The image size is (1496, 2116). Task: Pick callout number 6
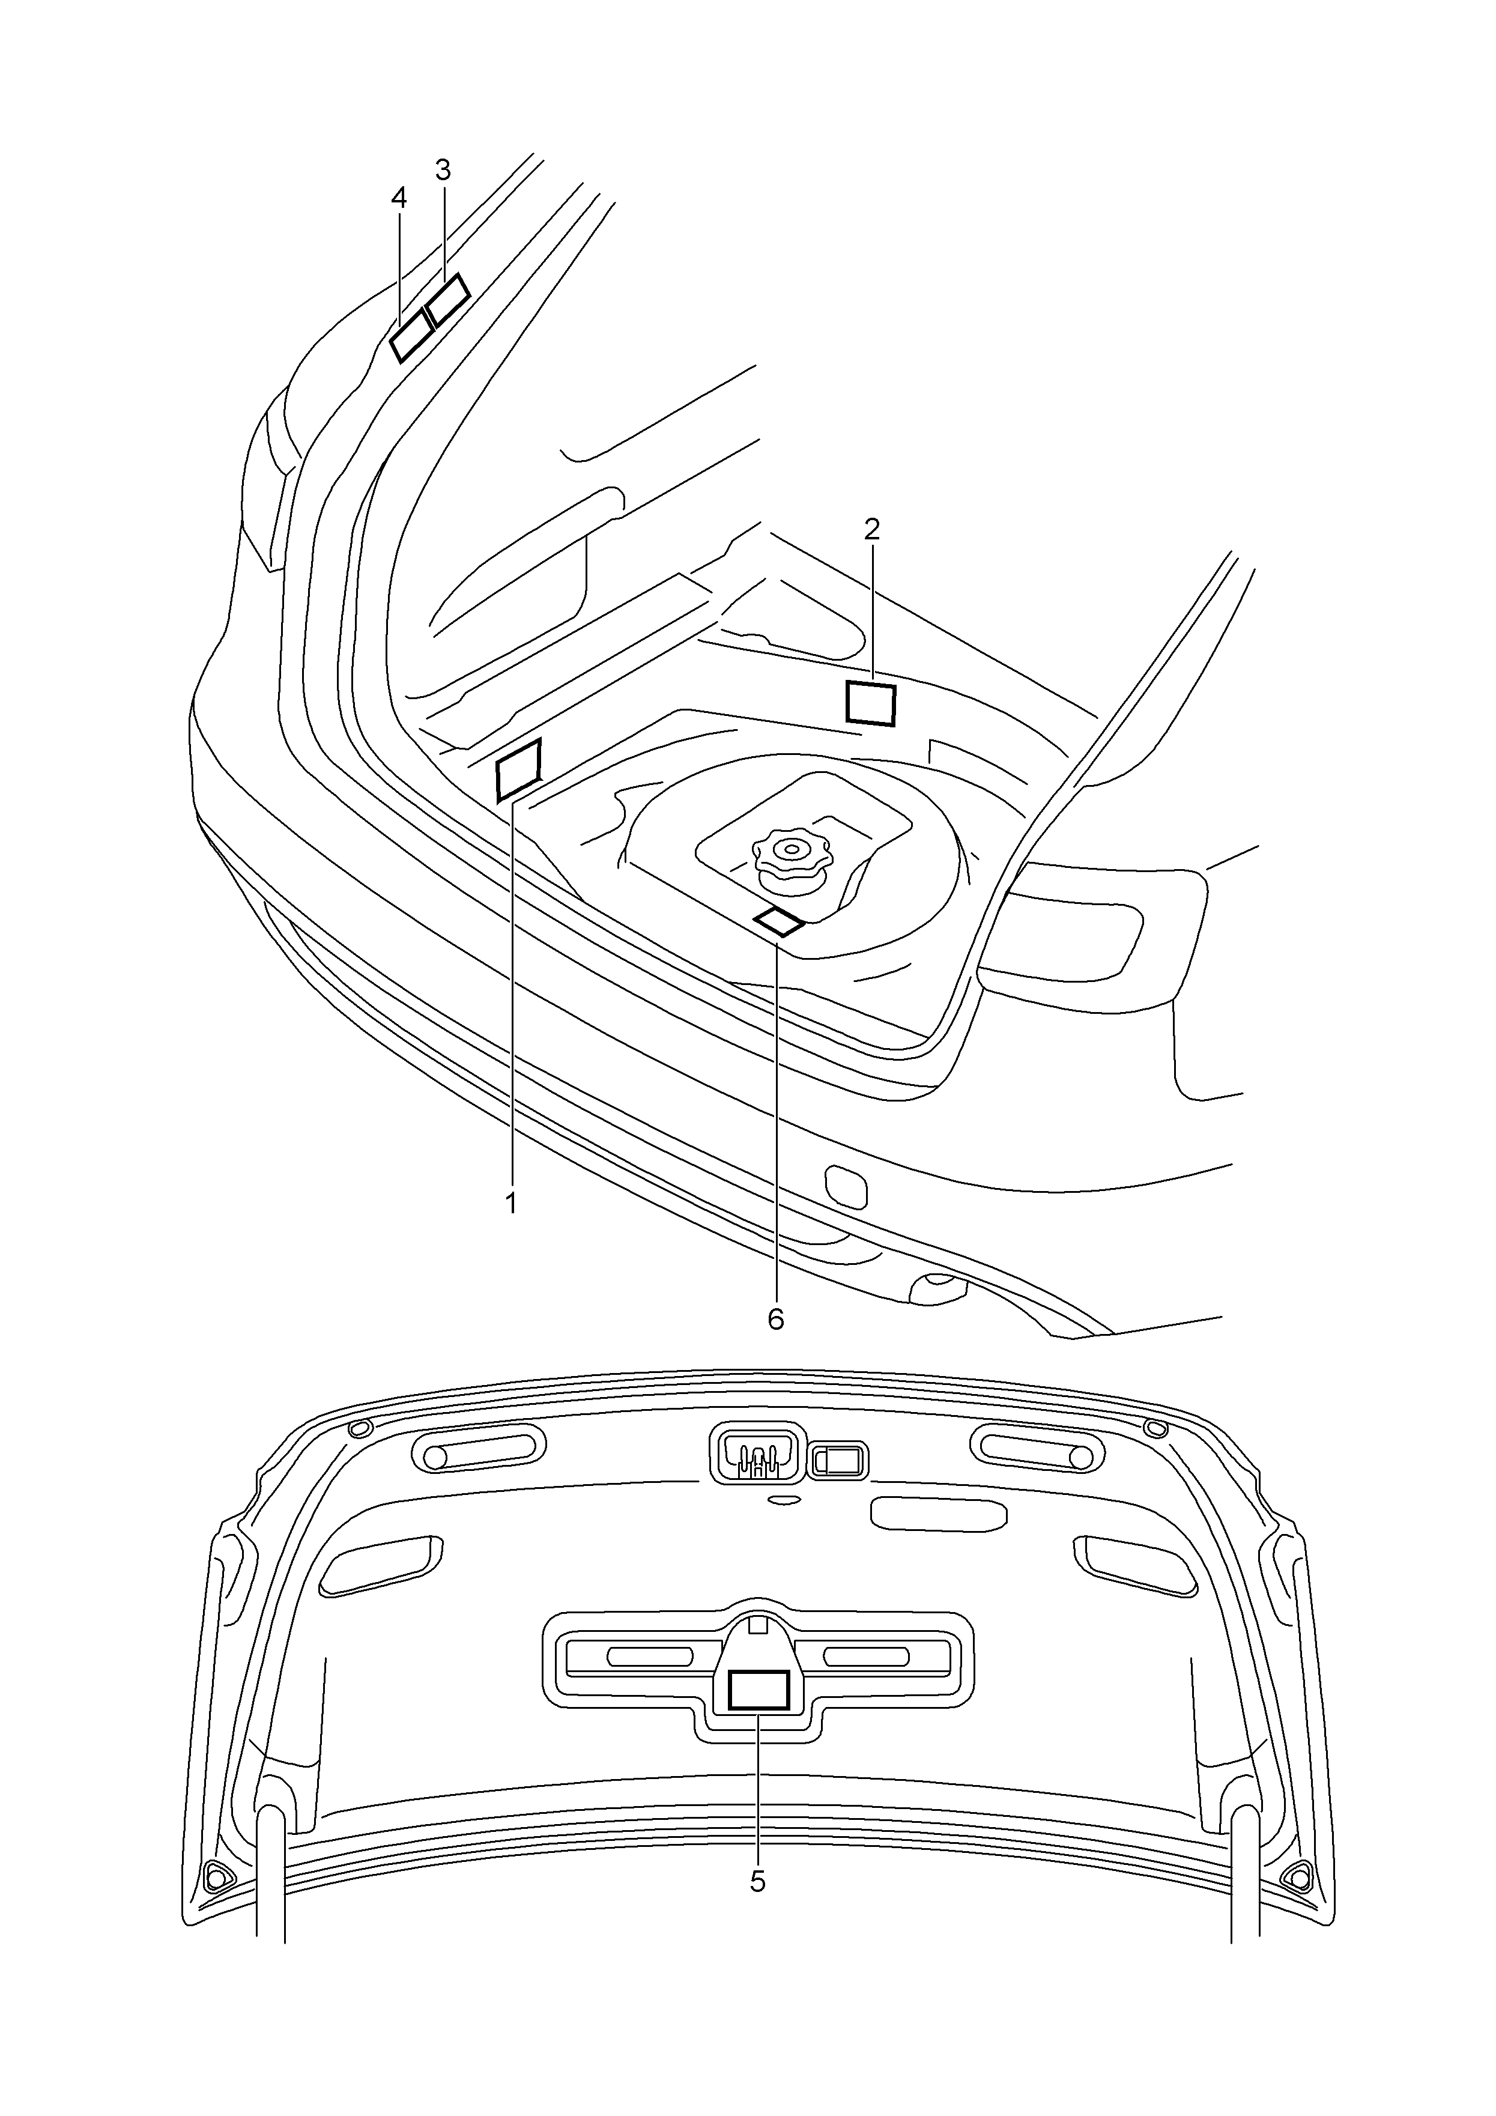[x=776, y=1319]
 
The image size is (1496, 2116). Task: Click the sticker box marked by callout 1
[x=519, y=769]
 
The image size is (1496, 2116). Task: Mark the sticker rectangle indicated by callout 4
[x=412, y=336]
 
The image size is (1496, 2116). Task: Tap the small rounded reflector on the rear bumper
[x=845, y=1186]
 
